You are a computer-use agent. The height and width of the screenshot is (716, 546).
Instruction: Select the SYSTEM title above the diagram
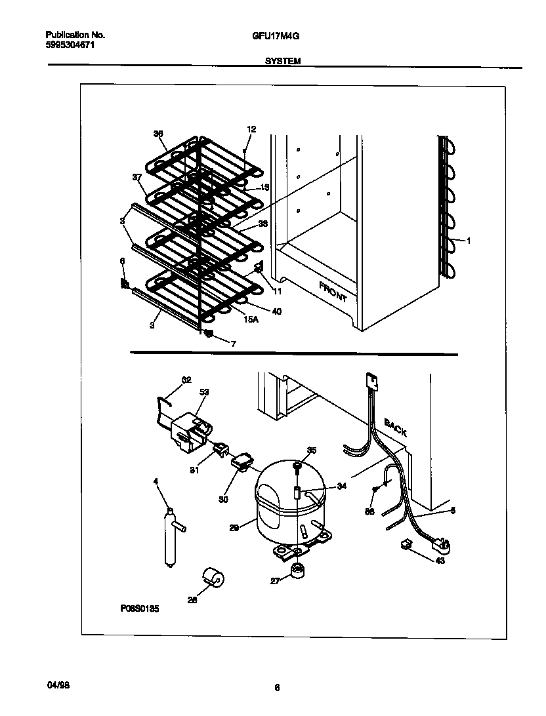283,60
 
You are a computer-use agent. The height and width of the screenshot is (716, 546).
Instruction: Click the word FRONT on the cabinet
333,291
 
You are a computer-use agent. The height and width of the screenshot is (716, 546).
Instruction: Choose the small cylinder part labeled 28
213,578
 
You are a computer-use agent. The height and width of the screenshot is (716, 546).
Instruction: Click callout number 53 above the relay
203,392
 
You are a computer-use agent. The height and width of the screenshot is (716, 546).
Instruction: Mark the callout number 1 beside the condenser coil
469,241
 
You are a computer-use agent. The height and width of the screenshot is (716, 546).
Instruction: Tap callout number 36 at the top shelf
157,134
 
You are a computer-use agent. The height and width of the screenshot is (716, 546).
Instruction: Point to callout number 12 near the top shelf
251,129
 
